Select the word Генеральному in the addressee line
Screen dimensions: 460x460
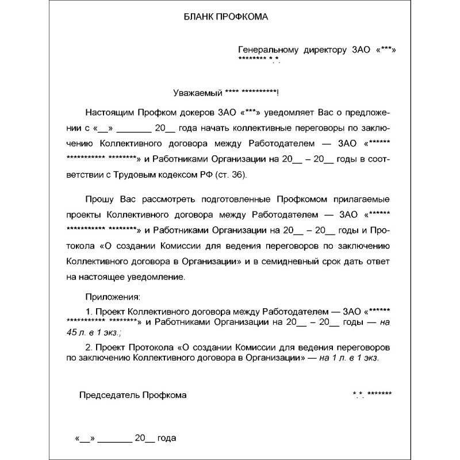tap(269, 51)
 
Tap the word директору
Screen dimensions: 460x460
tap(325, 51)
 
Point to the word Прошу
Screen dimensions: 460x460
tap(98, 200)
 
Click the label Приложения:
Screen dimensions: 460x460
tap(113, 297)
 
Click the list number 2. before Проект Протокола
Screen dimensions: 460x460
tap(89, 348)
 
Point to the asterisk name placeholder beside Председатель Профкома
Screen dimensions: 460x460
tap(373, 395)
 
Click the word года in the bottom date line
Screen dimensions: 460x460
tap(166, 438)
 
